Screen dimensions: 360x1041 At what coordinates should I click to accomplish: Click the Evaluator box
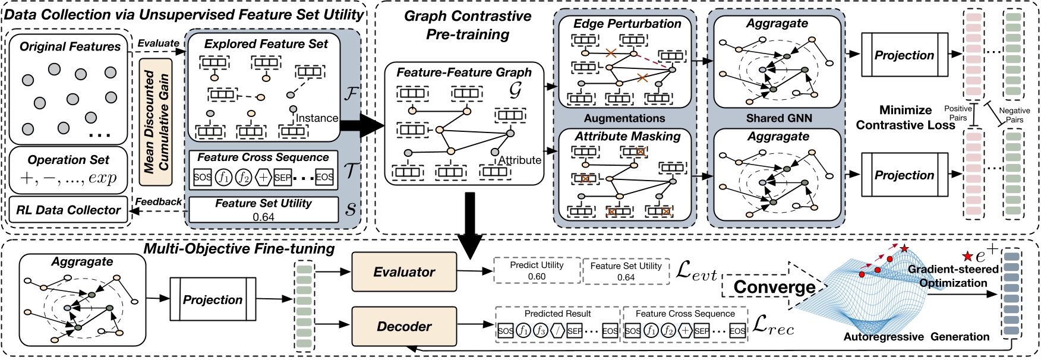click(x=404, y=272)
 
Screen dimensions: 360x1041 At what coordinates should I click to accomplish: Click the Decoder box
click(x=404, y=326)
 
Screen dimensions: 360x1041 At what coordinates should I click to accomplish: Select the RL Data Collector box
click(x=69, y=210)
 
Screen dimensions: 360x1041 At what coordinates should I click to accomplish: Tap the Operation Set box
click(x=69, y=169)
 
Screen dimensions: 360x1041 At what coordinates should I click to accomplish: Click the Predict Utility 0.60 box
click(x=537, y=271)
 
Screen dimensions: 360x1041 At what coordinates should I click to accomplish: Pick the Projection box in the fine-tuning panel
click(x=212, y=299)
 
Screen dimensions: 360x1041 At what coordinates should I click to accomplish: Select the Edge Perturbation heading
click(x=627, y=24)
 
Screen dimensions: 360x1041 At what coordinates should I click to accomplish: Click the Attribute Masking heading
click(x=627, y=136)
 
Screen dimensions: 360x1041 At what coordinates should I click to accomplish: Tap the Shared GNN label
click(x=778, y=118)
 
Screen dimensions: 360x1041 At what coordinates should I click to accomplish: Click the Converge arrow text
click(x=774, y=287)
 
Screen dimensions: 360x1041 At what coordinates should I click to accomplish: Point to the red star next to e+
click(x=967, y=257)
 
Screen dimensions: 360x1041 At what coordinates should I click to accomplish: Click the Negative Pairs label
click(x=1014, y=115)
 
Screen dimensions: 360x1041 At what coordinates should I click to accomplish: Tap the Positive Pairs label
click(x=958, y=113)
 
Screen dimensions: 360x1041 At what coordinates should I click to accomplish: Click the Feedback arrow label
click(x=158, y=202)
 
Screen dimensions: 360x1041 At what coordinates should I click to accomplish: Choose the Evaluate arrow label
click(x=158, y=43)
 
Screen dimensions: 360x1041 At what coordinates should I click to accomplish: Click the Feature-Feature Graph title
click(x=463, y=72)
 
